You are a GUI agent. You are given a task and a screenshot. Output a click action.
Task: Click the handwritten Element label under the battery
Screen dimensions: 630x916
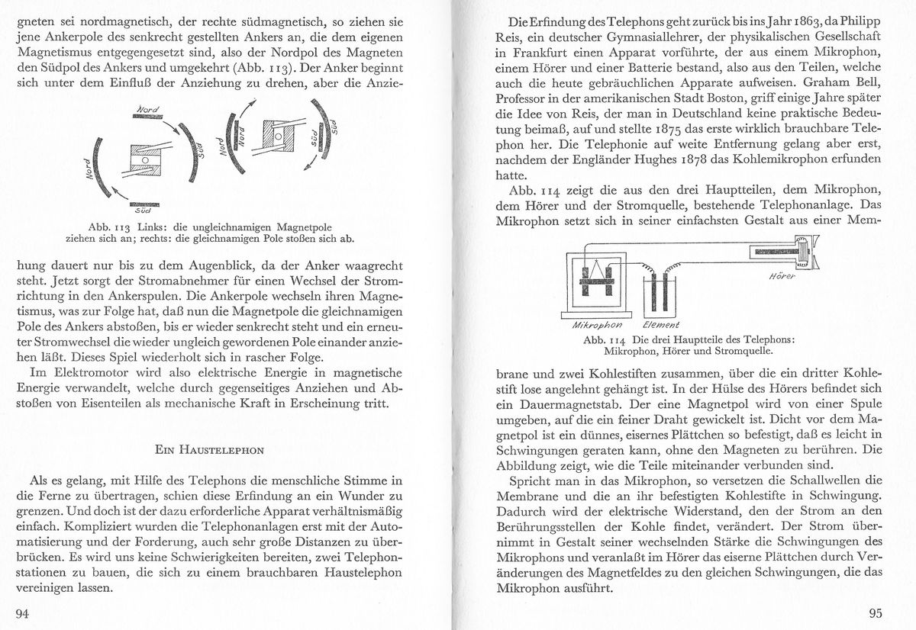pyautogui.click(x=662, y=325)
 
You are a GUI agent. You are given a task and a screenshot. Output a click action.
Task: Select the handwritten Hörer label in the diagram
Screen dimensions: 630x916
pyautogui.click(x=778, y=276)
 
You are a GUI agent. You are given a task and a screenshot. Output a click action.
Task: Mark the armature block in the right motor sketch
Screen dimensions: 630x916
pyautogui.click(x=279, y=135)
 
